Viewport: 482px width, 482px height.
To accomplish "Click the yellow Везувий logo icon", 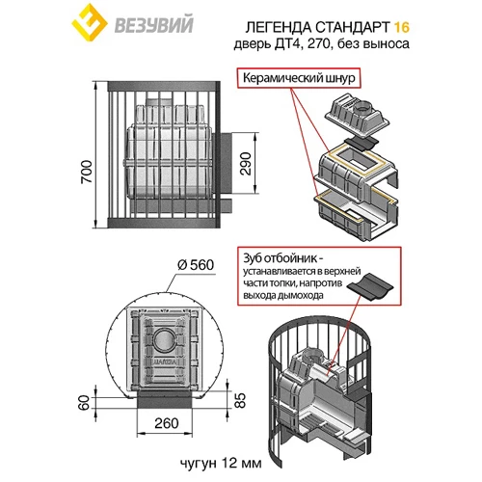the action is [x=89, y=22].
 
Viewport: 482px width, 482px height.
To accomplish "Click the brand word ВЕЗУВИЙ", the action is [x=154, y=24].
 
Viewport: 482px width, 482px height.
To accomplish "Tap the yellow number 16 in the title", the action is [x=401, y=27].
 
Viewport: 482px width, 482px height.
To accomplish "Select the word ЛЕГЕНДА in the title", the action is [x=278, y=28].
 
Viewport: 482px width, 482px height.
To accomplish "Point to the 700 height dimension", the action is [x=87, y=172].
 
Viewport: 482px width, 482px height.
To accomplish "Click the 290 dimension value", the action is [x=246, y=164].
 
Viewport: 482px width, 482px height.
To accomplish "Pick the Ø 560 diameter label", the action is [x=196, y=265].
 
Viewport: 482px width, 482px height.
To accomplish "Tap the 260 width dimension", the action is [x=166, y=423].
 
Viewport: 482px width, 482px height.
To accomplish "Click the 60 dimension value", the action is [x=84, y=403].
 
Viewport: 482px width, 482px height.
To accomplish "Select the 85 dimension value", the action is [x=240, y=400].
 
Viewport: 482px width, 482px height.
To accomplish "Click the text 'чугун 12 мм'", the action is [x=221, y=464].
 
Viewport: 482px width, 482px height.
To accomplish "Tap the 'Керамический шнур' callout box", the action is [x=299, y=78].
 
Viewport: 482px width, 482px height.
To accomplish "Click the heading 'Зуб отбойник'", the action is [x=281, y=258].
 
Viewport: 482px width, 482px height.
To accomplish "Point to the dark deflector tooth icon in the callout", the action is [x=371, y=287].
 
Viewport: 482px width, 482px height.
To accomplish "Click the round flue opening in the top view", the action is [x=165, y=339].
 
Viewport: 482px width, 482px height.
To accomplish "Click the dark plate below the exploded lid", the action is [x=361, y=144].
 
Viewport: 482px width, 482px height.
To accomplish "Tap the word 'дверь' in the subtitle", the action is [x=253, y=43].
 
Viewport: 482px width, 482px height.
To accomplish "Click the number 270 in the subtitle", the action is [x=318, y=43].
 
